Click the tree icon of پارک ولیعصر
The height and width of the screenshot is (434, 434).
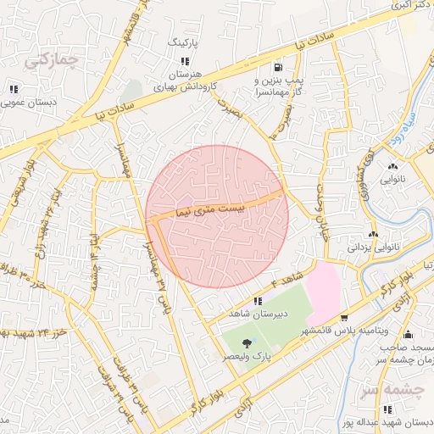[x=247, y=342]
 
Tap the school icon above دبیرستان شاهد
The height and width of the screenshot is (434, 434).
[x=258, y=301]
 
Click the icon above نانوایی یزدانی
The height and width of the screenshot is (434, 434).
[x=372, y=234]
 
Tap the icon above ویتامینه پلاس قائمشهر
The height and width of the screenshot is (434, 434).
[x=344, y=318]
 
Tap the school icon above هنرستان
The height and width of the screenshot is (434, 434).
[x=185, y=61]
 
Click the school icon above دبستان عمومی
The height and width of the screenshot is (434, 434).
[x=14, y=89]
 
